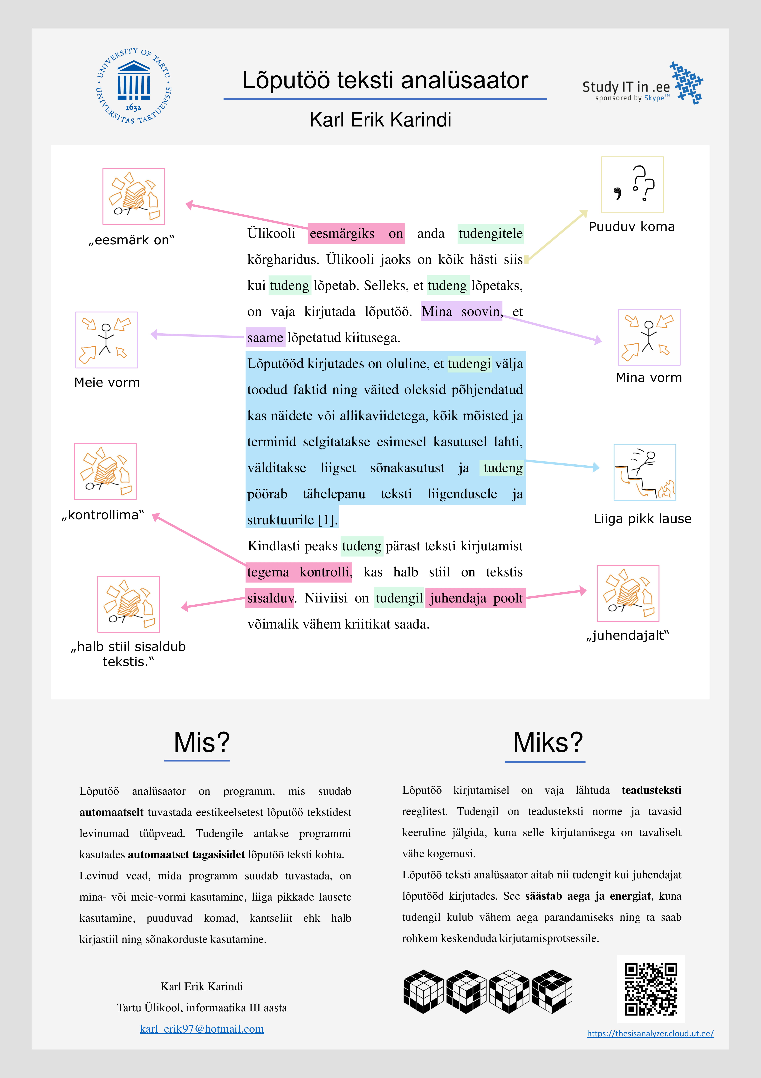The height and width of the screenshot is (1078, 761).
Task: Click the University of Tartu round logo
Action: pyautogui.click(x=134, y=86)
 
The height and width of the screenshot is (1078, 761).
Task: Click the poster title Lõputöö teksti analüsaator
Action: pyautogui.click(x=385, y=80)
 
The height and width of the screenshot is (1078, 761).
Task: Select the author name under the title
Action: pyautogui.click(x=380, y=120)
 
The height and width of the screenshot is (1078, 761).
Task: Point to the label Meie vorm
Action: pyautogui.click(x=107, y=383)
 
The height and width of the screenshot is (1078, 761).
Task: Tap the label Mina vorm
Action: pyautogui.click(x=648, y=378)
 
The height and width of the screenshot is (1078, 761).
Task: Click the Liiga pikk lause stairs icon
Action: pyautogui.click(x=645, y=472)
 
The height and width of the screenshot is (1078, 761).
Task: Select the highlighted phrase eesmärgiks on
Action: pyautogui.click(x=356, y=233)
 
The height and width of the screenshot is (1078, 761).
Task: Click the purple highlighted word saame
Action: pyautogui.click(x=265, y=338)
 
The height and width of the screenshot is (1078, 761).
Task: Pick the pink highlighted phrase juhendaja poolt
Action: pyautogui.click(x=476, y=598)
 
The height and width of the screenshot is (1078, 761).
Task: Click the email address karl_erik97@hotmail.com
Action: pyautogui.click(x=202, y=1029)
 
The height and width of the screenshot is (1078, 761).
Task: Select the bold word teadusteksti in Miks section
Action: pyautogui.click(x=651, y=790)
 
